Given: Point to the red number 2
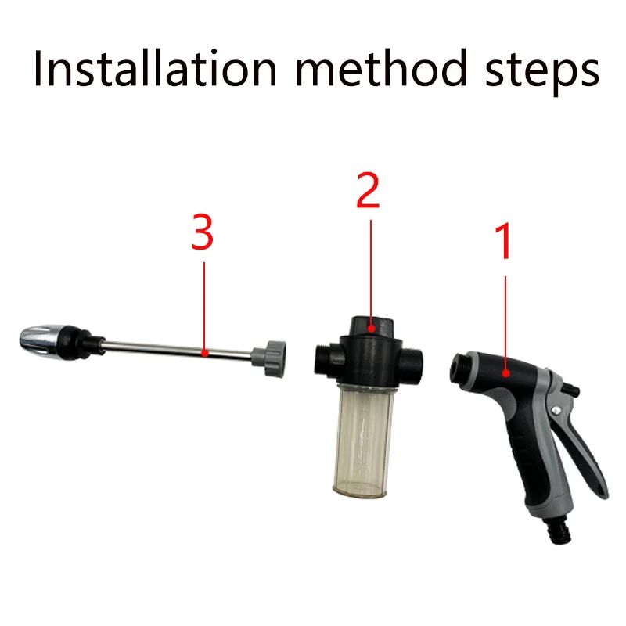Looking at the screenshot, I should click(368, 192).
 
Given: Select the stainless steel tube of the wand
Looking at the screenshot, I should click(180, 351).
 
